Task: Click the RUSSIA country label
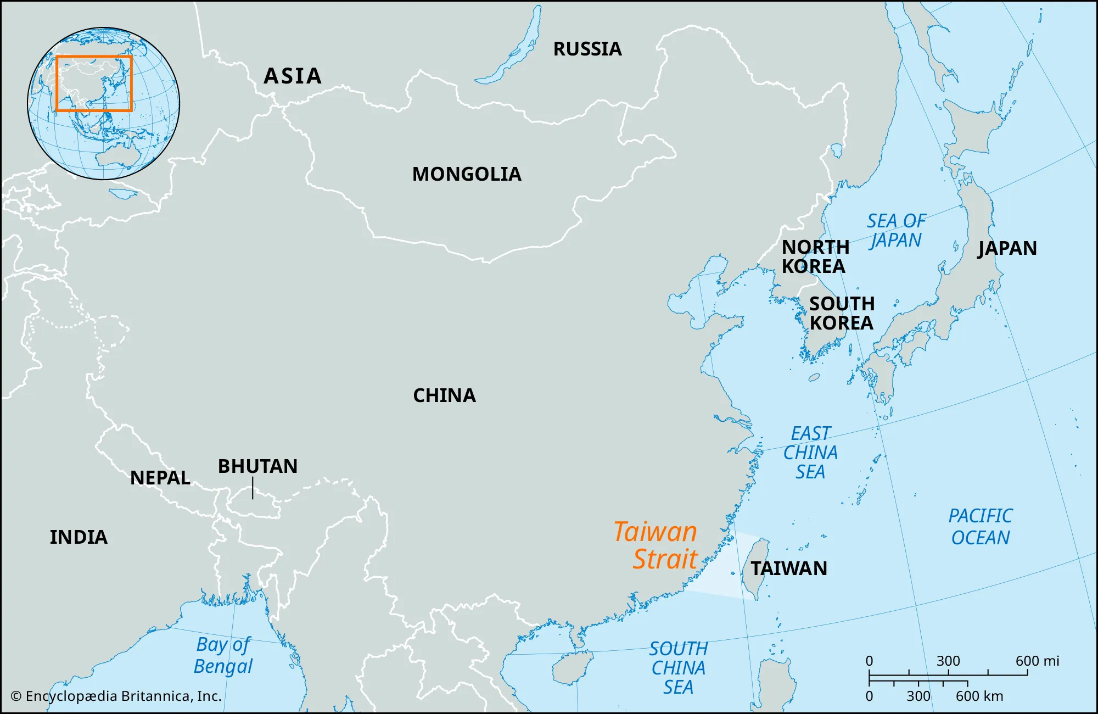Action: click(587, 49)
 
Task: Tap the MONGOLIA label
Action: click(467, 174)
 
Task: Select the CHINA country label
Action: click(444, 395)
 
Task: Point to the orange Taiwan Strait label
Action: click(656, 545)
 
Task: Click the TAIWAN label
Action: click(789, 568)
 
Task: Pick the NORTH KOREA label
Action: click(815, 256)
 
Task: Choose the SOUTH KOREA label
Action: click(842, 313)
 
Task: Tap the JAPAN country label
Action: click(1007, 248)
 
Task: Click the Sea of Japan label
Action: click(896, 231)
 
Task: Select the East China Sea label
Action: click(810, 453)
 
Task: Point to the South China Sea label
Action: click(679, 668)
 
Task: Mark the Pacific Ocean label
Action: click(981, 527)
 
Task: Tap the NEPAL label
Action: click(160, 478)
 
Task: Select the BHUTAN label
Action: click(257, 466)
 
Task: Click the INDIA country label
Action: click(79, 537)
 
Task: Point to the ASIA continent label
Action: click(293, 76)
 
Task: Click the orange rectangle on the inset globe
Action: click(94, 57)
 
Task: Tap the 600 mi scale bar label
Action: click(1037, 661)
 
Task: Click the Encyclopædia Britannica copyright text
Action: click(116, 696)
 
